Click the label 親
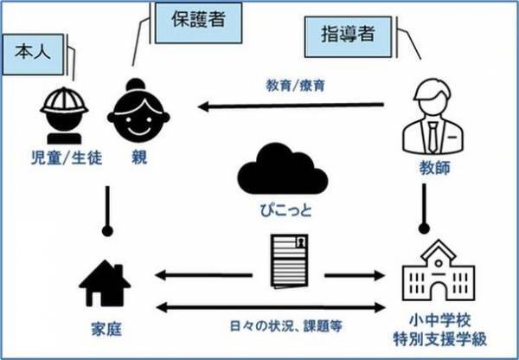pos(138,157)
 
